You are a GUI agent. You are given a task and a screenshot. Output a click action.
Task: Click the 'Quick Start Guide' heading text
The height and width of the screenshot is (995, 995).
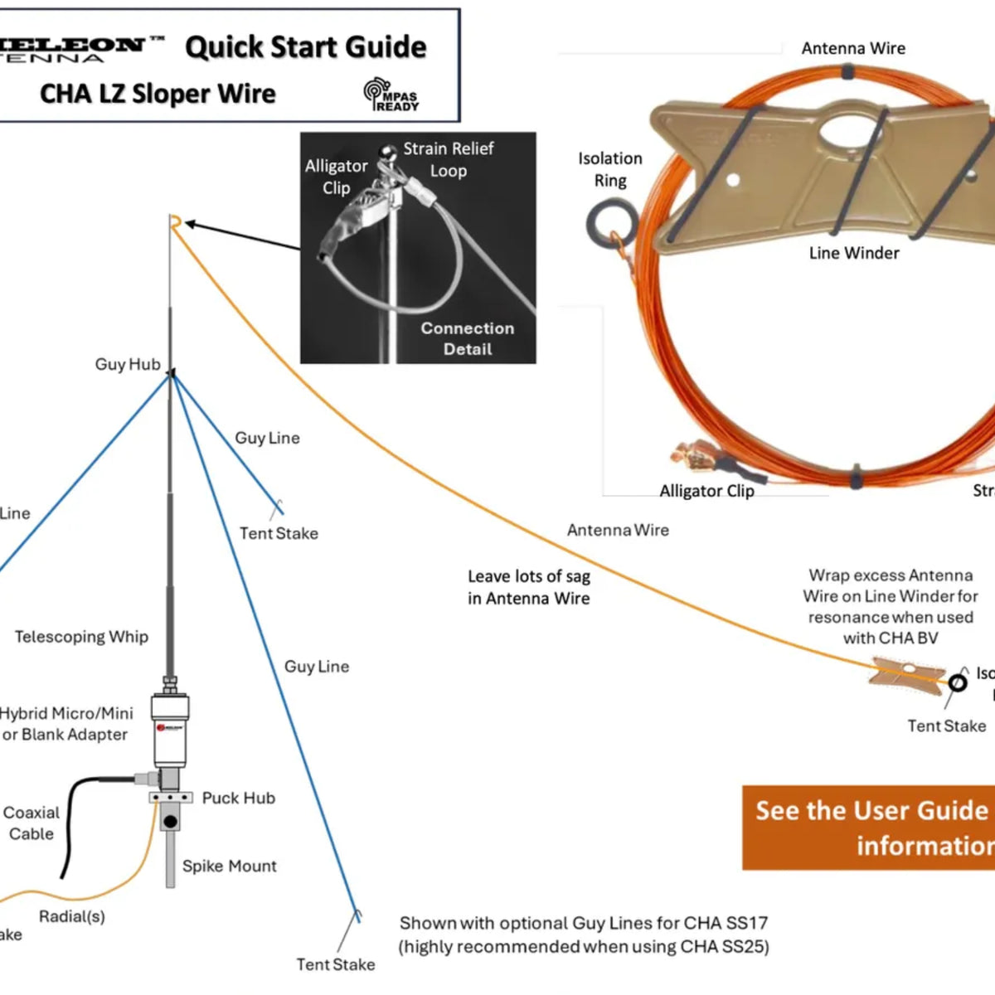(305, 47)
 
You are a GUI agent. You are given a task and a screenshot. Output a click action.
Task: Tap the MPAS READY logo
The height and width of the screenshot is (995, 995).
(391, 95)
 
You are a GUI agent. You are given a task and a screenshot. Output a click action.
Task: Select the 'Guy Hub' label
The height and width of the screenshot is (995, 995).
(127, 364)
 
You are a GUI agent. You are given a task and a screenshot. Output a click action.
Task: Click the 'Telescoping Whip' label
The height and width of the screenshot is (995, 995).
(81, 637)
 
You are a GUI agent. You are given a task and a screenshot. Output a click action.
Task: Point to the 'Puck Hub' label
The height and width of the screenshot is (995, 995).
(238, 798)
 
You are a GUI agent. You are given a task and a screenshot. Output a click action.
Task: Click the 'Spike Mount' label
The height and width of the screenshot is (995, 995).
(229, 866)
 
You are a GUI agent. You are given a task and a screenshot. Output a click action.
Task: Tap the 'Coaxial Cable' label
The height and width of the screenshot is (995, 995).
(32, 823)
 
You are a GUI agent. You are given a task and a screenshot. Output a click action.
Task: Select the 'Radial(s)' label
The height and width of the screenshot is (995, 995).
(72, 916)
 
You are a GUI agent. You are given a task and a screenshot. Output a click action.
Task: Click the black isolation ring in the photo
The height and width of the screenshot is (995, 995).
(611, 224)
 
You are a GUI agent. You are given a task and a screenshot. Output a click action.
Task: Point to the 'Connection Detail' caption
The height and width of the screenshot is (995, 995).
(468, 338)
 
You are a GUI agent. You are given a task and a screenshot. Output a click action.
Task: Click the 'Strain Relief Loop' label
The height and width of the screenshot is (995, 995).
(449, 159)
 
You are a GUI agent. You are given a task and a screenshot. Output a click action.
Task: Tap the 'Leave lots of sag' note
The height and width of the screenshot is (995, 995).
(528, 587)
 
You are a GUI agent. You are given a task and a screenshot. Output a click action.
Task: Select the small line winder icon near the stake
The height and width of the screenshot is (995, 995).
(905, 672)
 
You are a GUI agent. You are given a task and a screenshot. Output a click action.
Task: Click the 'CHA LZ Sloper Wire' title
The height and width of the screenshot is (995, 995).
(158, 93)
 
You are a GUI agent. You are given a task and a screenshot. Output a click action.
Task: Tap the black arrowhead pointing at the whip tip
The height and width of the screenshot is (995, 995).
(189, 224)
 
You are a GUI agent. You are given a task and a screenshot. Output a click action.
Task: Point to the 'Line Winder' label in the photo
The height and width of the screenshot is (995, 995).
(854, 253)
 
